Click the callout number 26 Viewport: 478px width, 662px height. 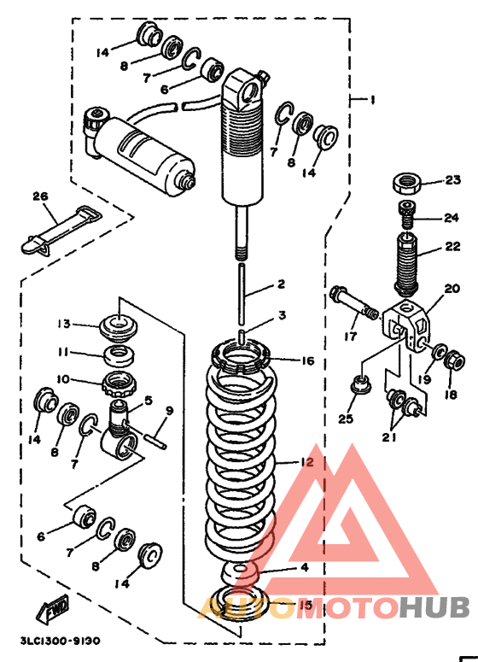pos(40,196)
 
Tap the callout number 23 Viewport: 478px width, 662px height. pos(452,180)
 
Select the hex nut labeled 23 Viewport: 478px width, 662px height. pos(407,183)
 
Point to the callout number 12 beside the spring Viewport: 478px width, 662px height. pos(306,462)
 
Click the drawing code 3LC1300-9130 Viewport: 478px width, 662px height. pos(61,641)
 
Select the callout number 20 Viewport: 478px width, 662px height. pos(452,289)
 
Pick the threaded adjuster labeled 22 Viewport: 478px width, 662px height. pos(406,264)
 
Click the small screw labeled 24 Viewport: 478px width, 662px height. pos(405,214)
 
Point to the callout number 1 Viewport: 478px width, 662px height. pos(372,100)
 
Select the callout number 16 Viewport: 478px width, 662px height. pos(308,361)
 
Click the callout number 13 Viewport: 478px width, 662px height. pos(64,324)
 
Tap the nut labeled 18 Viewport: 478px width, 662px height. pos(455,362)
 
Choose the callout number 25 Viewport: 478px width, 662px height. pos(346,419)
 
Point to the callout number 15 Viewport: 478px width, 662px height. pos(306,605)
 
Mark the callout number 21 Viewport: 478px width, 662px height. pos(389,437)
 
